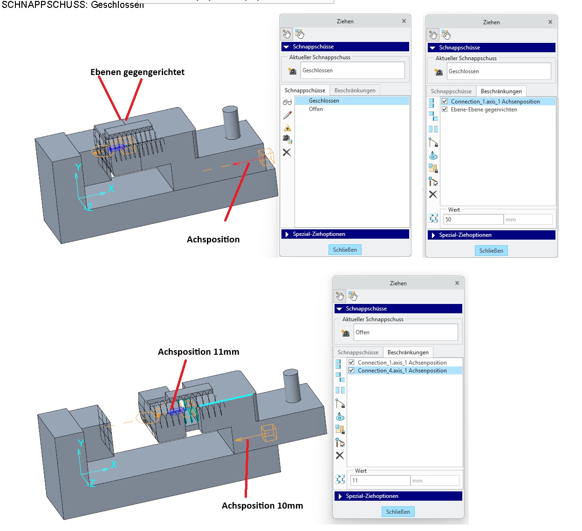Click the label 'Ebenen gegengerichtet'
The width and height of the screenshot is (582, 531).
pyautogui.click(x=137, y=72)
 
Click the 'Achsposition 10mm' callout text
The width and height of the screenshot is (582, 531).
pyautogui.click(x=262, y=506)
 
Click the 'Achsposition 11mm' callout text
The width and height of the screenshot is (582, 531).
pyautogui.click(x=199, y=352)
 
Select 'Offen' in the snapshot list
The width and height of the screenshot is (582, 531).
pyautogui.click(x=316, y=109)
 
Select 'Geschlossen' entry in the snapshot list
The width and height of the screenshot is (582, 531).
pyautogui.click(x=324, y=101)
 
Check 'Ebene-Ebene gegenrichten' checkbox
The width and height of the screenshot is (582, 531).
pyautogui.click(x=445, y=110)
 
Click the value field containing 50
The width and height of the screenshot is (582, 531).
pyautogui.click(x=473, y=220)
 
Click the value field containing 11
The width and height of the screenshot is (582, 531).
pyautogui.click(x=380, y=481)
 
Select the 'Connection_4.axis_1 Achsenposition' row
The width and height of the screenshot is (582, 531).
pyautogui.click(x=402, y=371)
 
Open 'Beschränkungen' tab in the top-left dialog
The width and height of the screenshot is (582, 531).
pyautogui.click(x=355, y=90)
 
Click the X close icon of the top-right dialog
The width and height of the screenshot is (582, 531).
pyautogui.click(x=550, y=22)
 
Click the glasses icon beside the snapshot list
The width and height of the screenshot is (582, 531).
pyautogui.click(x=287, y=102)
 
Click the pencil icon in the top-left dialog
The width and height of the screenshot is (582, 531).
pyautogui.click(x=287, y=115)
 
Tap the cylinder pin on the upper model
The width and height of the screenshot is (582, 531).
pyautogui.click(x=231, y=123)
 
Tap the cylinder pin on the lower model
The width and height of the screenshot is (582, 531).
pyautogui.click(x=291, y=386)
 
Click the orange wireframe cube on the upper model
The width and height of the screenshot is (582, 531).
pyautogui.click(x=267, y=157)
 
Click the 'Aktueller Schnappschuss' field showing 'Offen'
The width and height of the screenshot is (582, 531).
pyautogui.click(x=405, y=332)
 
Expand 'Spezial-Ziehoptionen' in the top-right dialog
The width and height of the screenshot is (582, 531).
pyautogui.click(x=465, y=235)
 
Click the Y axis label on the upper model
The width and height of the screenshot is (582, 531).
pyautogui.click(x=78, y=167)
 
